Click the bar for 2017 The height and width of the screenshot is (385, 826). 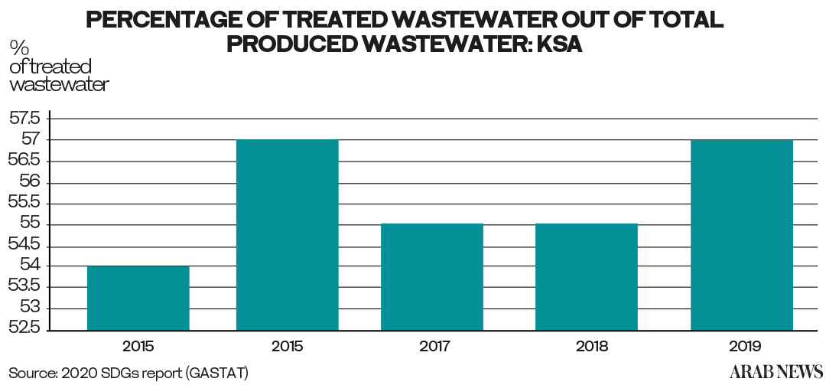tap(432, 276)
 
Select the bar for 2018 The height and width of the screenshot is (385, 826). tap(587, 276)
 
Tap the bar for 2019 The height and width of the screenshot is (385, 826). tap(741, 234)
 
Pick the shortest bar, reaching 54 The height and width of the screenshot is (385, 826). tap(138, 298)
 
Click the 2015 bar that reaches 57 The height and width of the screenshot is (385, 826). tap(287, 234)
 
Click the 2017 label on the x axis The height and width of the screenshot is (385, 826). tap(434, 346)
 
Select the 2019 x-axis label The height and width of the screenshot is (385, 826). tap(743, 346)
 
